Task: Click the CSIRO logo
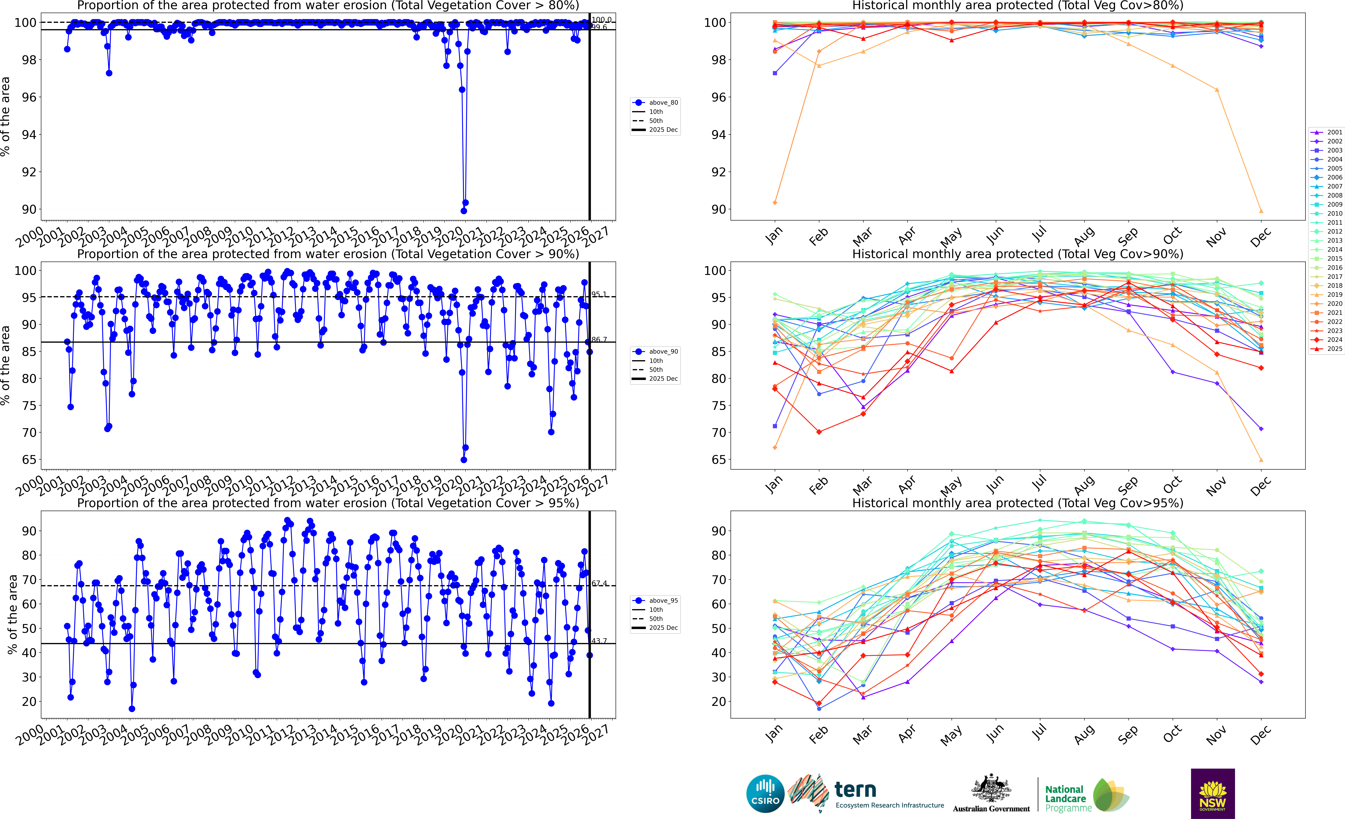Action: click(x=765, y=793)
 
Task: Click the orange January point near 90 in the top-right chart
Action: click(x=775, y=203)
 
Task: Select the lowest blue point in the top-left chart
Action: click(x=463, y=211)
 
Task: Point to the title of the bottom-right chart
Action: click(x=1018, y=503)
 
